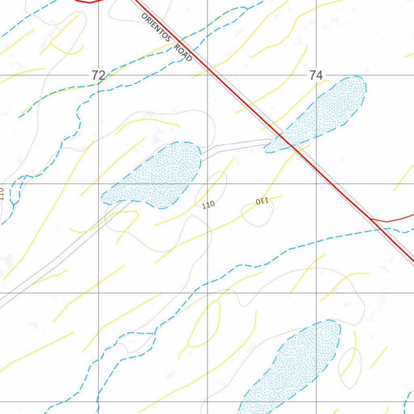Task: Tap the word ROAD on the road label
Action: (x=183, y=53)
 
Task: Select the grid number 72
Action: (x=98, y=75)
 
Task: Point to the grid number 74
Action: (x=316, y=75)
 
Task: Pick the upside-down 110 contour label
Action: (x=262, y=201)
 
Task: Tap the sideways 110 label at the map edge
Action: (x=2, y=194)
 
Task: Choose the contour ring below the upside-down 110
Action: (x=258, y=214)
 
